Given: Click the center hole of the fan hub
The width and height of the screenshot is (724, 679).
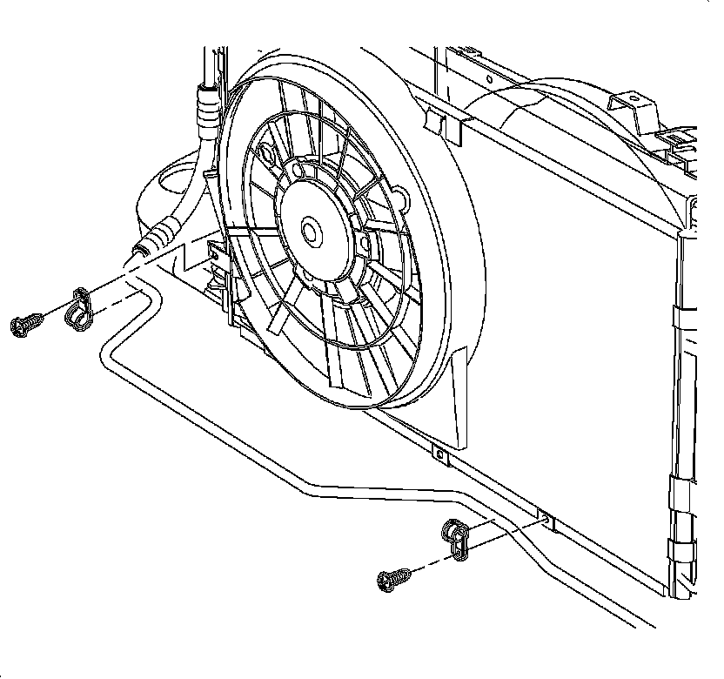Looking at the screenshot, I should point(310,232).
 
